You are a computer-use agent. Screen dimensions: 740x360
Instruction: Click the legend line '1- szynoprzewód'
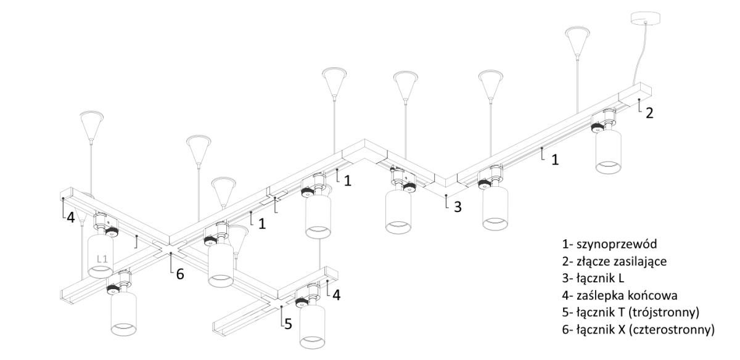click(x=609, y=244)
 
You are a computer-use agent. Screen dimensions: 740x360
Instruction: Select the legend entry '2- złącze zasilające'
click(x=614, y=261)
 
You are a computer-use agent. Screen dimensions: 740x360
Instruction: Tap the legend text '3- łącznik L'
click(x=593, y=278)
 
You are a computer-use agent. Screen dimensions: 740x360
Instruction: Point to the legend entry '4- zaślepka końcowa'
click(x=620, y=295)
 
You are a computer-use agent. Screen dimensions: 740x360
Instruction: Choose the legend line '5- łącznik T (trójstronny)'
click(x=631, y=313)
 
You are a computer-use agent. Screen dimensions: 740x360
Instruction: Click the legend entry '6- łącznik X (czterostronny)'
click(x=638, y=330)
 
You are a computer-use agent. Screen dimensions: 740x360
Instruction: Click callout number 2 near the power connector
click(x=649, y=113)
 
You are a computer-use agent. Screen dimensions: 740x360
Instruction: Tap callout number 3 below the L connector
click(x=458, y=207)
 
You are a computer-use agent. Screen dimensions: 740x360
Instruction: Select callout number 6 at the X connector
click(x=180, y=274)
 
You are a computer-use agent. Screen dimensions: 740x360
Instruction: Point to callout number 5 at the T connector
click(x=289, y=324)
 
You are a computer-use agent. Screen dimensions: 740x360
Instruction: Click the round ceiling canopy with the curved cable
click(x=645, y=18)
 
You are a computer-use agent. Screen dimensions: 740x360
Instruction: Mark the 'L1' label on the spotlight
click(x=103, y=259)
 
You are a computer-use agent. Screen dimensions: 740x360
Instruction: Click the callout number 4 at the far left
click(x=71, y=218)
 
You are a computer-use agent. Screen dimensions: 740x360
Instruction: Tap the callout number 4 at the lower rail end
click(x=336, y=295)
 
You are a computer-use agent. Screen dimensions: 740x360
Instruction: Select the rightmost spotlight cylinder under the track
click(x=608, y=151)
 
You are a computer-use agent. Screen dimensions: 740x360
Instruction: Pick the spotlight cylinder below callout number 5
click(x=312, y=326)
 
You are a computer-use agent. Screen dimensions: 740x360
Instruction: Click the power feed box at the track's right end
click(x=635, y=94)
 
